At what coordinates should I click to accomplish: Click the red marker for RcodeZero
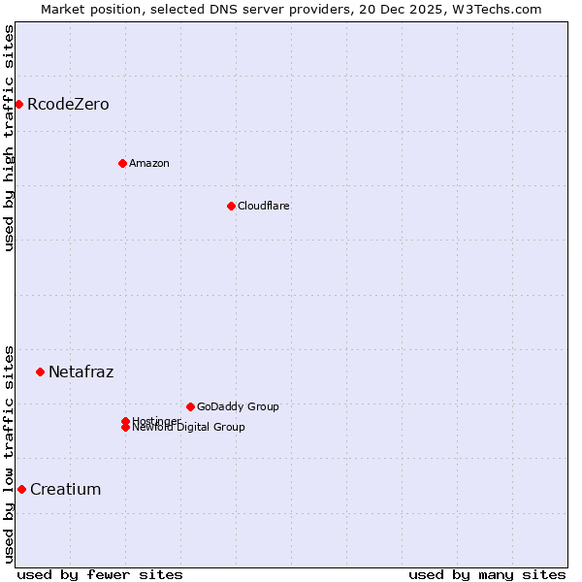coord(18,104)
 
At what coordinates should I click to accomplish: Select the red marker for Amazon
coord(122,163)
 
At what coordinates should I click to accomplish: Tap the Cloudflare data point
coord(231,206)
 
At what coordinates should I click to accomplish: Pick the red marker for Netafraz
coord(40,372)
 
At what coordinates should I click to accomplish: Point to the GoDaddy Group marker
coord(190,406)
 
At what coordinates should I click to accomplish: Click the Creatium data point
coord(21,489)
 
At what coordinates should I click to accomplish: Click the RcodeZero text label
coord(68,104)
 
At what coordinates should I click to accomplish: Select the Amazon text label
coord(149,163)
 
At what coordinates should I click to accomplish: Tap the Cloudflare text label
coord(264,206)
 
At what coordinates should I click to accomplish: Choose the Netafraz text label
coord(81,372)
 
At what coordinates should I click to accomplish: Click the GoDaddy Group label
coord(238,406)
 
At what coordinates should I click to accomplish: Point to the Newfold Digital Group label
coord(189,428)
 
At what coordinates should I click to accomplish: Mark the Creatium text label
coord(65,489)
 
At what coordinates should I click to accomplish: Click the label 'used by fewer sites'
coord(100,574)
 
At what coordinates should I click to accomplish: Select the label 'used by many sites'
coord(487,574)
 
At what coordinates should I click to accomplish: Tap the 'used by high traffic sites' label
coord(9,138)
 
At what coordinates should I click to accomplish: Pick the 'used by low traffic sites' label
coord(9,454)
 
